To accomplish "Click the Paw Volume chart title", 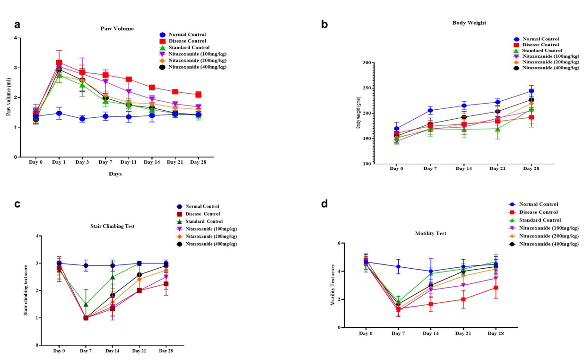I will [117, 28].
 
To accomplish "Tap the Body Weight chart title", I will [469, 23].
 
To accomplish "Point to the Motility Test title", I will [431, 233].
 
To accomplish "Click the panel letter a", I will [17, 25].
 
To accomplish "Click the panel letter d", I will [324, 204].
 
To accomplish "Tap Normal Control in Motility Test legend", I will [538, 204].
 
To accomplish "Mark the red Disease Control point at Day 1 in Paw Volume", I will [59, 62].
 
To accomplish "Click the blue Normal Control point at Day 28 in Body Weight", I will [531, 91].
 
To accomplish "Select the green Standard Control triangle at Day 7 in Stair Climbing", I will [86, 304].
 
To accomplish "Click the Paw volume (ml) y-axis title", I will [9, 97].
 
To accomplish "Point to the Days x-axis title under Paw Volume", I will [115, 174].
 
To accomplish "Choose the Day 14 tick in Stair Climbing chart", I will [113, 351].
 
